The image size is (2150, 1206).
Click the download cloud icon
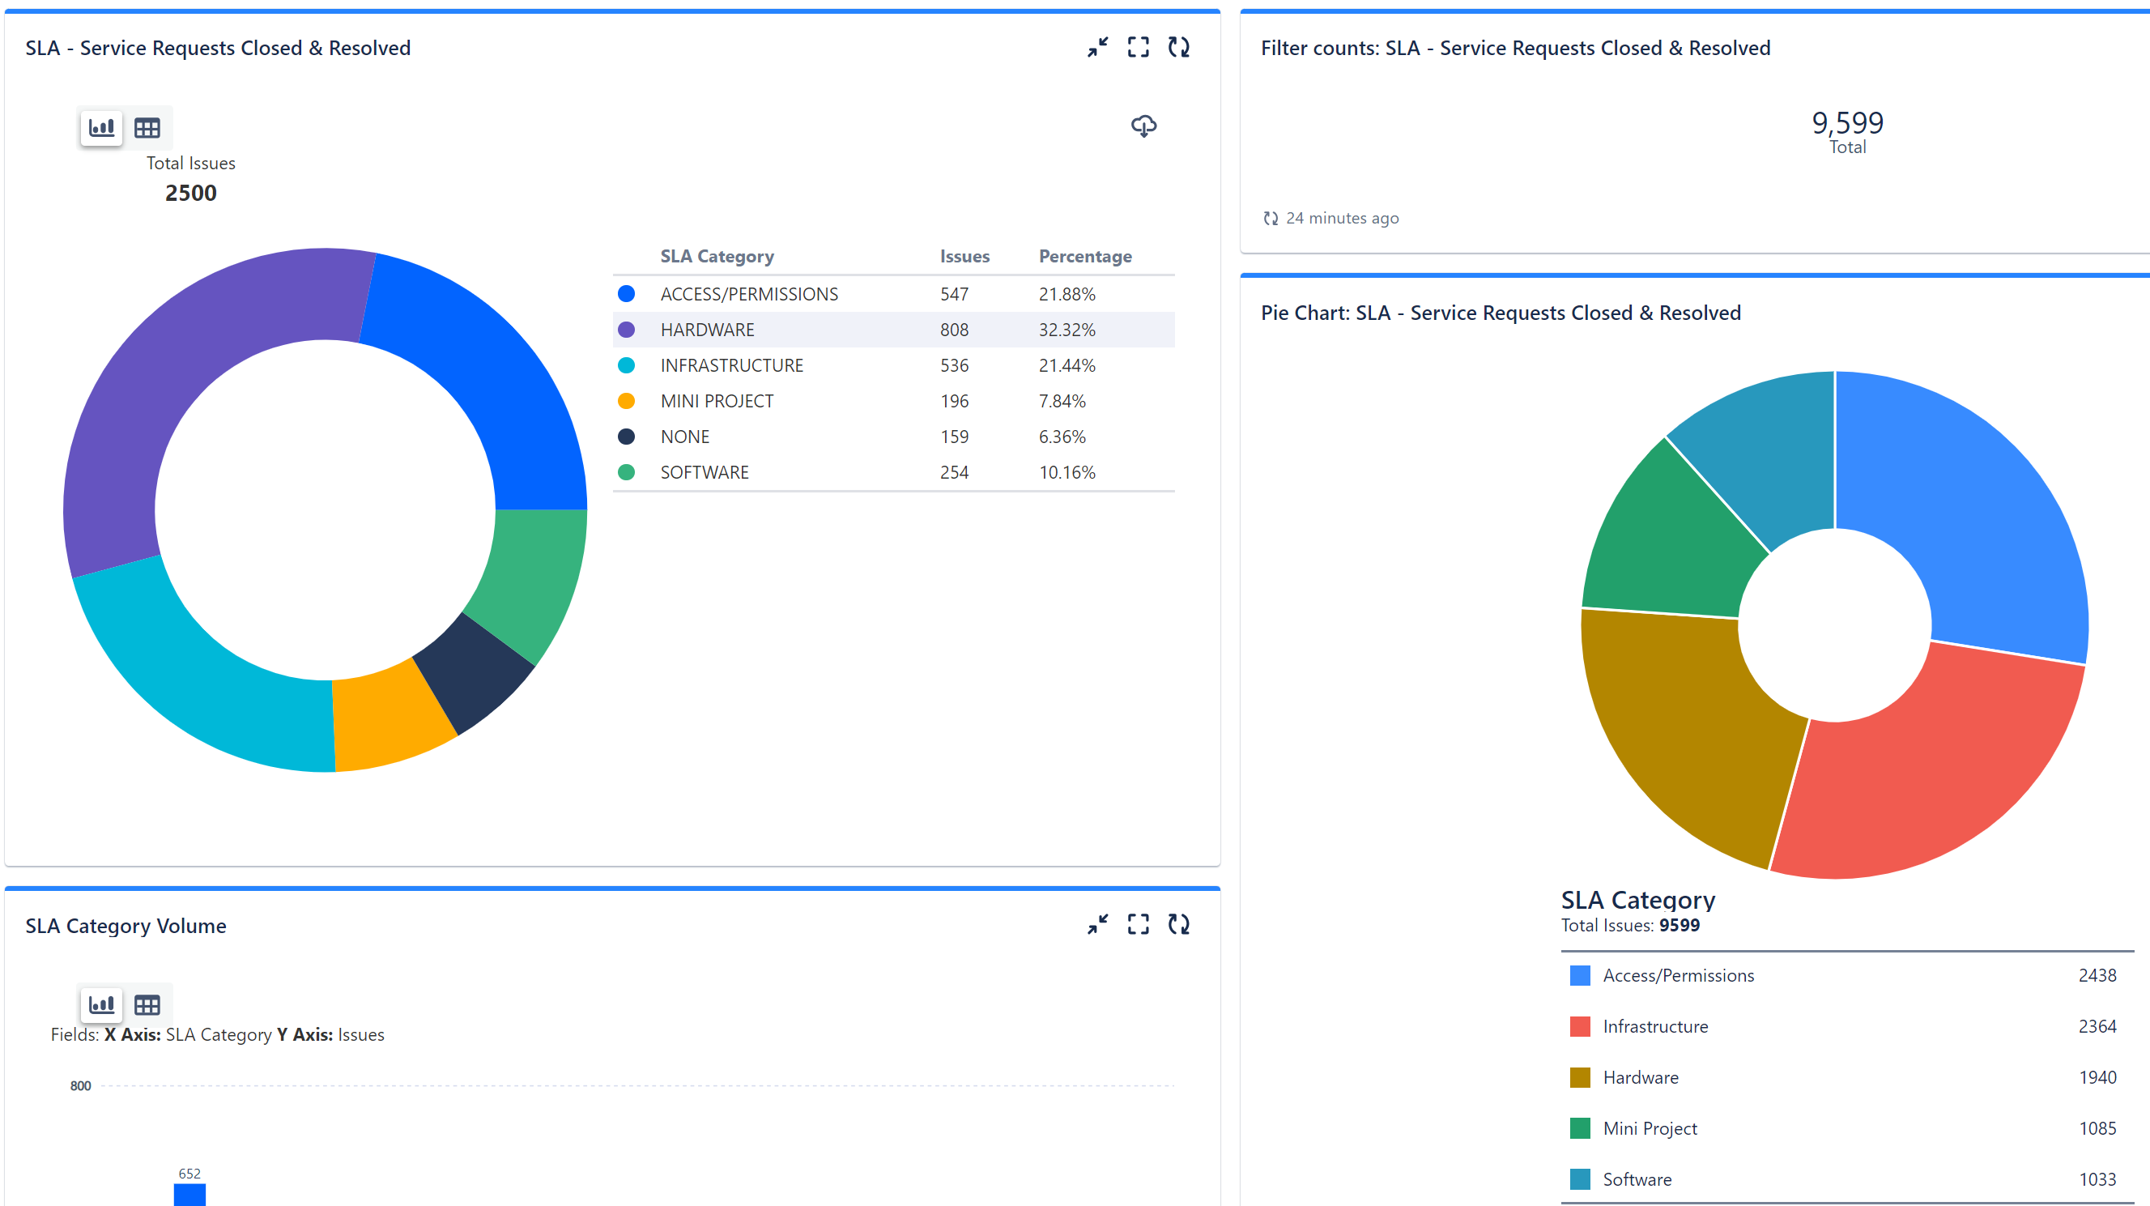[1143, 126]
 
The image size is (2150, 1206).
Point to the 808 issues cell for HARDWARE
[954, 330]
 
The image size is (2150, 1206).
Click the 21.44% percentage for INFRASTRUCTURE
[1066, 365]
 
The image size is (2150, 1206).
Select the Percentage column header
[1085, 256]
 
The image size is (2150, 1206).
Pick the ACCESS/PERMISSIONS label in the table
[749, 294]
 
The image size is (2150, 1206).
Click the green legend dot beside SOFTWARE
[626, 472]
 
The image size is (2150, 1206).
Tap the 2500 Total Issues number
[191, 193]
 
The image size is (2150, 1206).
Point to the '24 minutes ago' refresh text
[1341, 218]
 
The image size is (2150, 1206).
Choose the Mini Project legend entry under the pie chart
[1650, 1128]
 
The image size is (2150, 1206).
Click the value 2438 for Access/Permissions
[2097, 975]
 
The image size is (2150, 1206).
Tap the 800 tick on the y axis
[80, 1086]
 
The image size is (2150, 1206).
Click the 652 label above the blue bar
[189, 1174]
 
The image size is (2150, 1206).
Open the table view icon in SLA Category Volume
[147, 1005]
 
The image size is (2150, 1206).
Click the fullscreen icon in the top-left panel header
[1139, 47]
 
